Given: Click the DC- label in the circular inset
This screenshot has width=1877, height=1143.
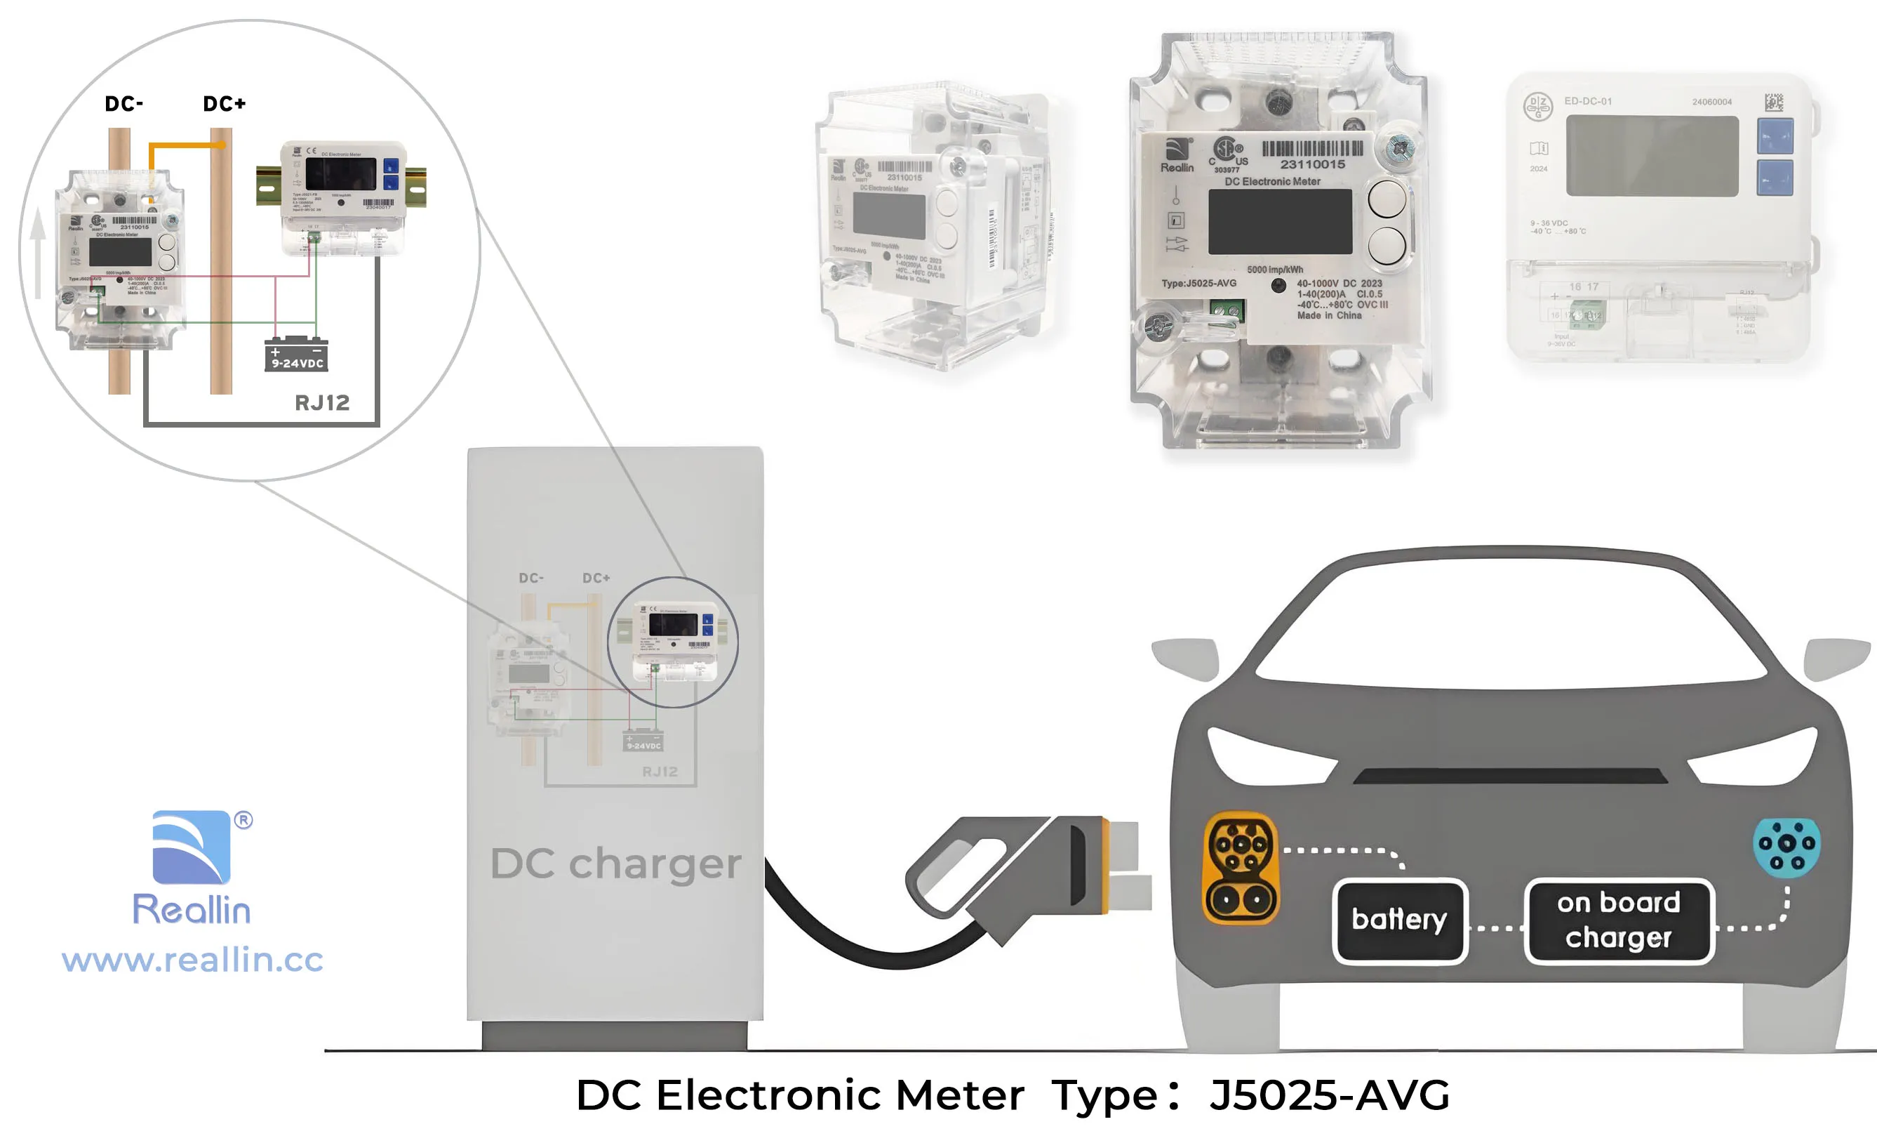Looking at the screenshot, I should tap(123, 104).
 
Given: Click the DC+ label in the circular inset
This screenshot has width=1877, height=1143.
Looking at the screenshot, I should tap(224, 104).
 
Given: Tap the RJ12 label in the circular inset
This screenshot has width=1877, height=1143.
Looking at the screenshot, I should tap(322, 402).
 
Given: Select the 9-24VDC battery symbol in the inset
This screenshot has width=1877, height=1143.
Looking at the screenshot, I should tap(296, 355).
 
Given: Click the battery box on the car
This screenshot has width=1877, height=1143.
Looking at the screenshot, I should tap(1399, 920).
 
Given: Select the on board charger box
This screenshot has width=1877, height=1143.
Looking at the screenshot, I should tap(1619, 920).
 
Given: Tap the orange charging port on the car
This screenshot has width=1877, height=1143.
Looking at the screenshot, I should tap(1241, 868).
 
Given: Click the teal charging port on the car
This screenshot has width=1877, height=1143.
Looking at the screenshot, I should tap(1786, 847).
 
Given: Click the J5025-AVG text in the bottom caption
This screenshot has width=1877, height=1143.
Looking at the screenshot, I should tap(1329, 1095).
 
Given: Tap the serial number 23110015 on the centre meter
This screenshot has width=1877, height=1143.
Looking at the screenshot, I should tap(1313, 164).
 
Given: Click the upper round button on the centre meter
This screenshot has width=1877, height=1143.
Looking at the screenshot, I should tap(1387, 199).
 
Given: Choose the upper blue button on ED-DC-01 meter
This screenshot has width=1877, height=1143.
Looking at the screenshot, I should tap(1775, 136).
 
